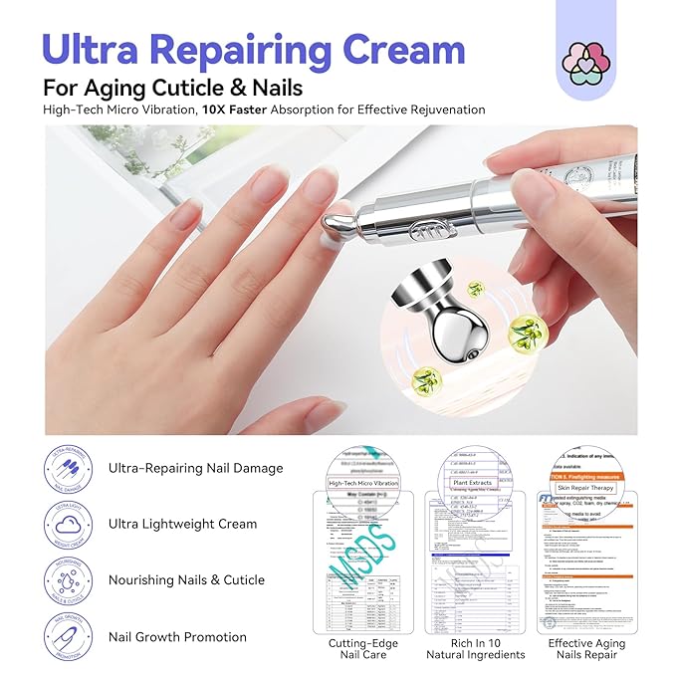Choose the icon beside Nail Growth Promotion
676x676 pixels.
point(70,636)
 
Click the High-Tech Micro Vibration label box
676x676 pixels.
point(362,483)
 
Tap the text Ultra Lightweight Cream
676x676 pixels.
point(183,524)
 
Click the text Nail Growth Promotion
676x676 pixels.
point(178,636)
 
